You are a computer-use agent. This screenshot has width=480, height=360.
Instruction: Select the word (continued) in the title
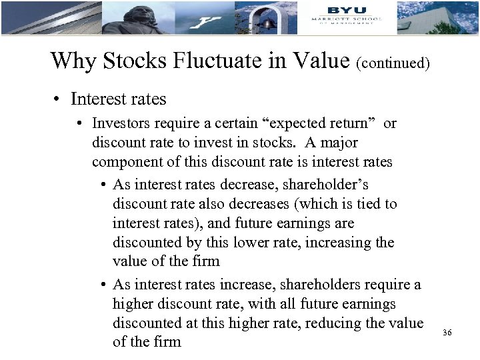coord(393,63)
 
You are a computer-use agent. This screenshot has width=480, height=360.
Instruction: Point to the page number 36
coord(447,332)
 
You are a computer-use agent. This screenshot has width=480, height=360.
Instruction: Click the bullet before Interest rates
coord(60,100)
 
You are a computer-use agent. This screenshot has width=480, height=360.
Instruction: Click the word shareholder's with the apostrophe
coord(330,185)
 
